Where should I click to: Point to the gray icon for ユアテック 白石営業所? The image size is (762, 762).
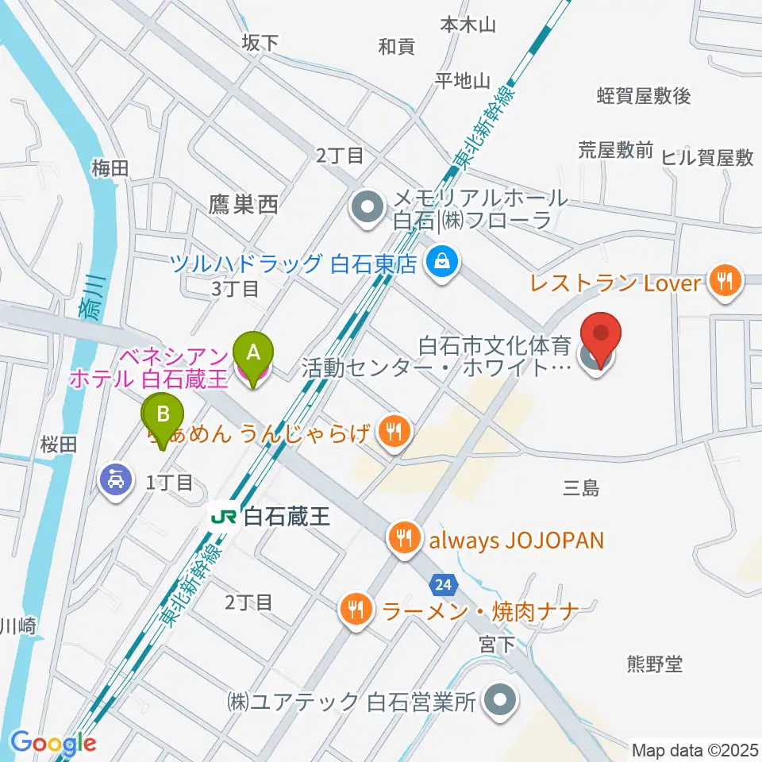(x=500, y=700)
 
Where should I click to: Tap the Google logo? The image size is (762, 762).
(x=52, y=743)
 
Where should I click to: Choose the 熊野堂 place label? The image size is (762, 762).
(x=655, y=663)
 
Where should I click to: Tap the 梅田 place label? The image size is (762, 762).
(x=110, y=167)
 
